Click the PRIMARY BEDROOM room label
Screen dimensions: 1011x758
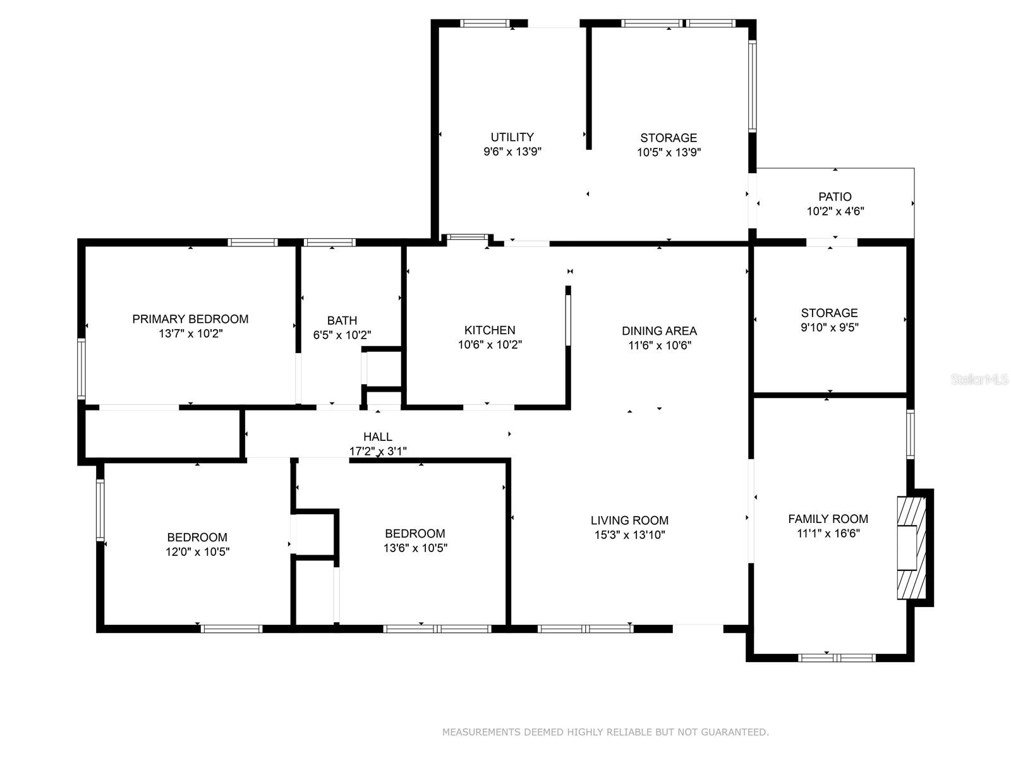[190, 319]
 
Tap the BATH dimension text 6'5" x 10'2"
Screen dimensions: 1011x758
[342, 335]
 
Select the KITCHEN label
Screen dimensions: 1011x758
[490, 330]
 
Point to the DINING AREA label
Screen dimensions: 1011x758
[659, 331]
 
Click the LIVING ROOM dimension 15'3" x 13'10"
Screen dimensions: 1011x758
[629, 535]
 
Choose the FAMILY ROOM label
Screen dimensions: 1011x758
[828, 519]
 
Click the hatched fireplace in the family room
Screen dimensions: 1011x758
[911, 548]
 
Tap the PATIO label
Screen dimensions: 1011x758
[835, 196]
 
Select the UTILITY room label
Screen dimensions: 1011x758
[512, 137]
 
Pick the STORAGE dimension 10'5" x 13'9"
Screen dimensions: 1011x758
[669, 152]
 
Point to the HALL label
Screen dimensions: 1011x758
[378, 436]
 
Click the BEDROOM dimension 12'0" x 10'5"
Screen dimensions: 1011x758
[198, 552]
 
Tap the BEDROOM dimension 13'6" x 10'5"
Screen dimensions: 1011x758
[415, 548]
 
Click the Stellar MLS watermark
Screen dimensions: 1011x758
[979, 379]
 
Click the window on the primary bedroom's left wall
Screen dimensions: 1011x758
[82, 369]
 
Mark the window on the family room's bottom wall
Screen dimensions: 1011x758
[837, 658]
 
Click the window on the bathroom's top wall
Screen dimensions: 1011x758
[330, 243]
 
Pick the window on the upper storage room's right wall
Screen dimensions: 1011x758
[752, 87]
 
